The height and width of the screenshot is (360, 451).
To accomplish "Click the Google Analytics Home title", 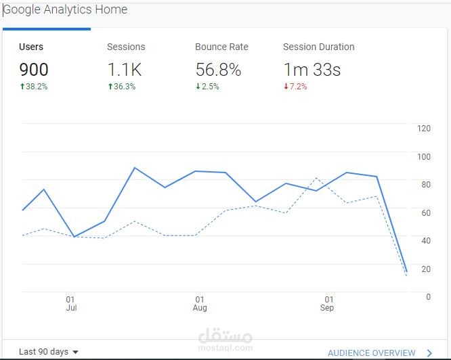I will (66, 10).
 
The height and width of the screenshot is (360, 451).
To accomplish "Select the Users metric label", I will (31, 47).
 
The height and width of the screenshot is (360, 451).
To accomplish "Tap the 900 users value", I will (34, 69).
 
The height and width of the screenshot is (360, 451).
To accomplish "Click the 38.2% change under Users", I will (33, 87).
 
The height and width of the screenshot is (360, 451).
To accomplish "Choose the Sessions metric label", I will (126, 47).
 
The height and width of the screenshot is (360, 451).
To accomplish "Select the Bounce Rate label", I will (221, 47).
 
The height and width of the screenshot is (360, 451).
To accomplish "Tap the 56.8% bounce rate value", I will (219, 69).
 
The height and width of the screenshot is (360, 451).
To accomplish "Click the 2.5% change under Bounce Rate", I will (207, 87).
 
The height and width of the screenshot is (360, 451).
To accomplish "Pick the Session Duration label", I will (318, 47).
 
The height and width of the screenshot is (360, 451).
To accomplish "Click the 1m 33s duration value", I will (312, 69).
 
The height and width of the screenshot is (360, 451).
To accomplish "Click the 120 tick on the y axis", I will (424, 129).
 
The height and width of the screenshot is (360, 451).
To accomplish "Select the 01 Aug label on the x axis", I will (199, 303).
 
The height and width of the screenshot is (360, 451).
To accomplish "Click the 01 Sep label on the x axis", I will (328, 303).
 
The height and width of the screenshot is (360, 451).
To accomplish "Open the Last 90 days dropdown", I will (49, 352).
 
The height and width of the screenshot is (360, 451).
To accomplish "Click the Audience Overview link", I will (372, 353).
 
